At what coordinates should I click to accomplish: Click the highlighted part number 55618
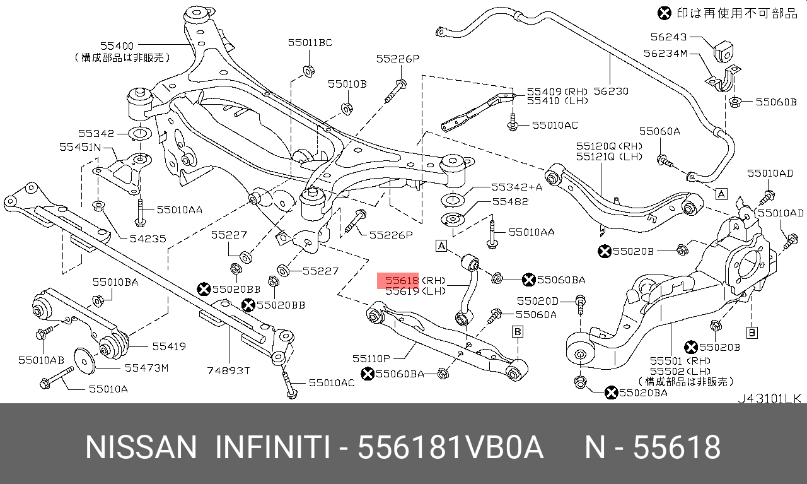[x=402, y=280]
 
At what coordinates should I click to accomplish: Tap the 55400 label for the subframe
[x=117, y=46]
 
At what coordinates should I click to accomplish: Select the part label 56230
[x=611, y=91]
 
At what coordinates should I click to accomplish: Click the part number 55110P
[x=371, y=358]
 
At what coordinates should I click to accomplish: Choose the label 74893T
[x=228, y=370]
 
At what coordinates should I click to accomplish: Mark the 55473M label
[x=147, y=368]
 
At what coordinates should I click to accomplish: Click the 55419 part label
[x=169, y=346]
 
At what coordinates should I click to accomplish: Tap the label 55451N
[x=80, y=147]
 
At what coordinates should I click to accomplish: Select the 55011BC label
[x=310, y=42]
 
